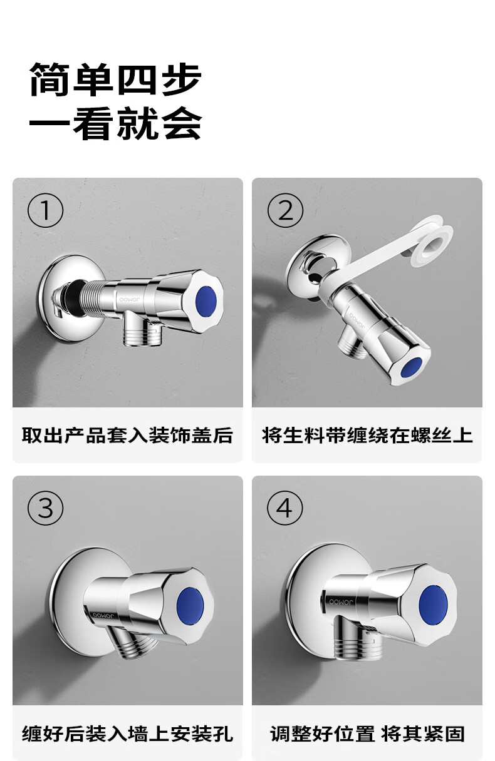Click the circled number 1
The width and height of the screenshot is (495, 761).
point(45,210)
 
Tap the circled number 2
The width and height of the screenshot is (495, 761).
point(285,210)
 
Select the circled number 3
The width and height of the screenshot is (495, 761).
point(45,508)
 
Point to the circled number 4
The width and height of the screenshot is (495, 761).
point(284,508)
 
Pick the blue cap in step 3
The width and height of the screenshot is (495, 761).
point(190,605)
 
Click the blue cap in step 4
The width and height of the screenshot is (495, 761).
point(433,605)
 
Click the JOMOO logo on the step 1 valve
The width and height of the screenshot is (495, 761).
point(130,300)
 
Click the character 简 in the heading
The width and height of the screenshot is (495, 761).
point(50,79)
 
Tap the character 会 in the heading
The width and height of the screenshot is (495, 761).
point(182,123)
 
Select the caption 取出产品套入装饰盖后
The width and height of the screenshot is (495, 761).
point(128,435)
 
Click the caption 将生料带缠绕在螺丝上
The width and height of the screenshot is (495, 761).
point(367,435)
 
